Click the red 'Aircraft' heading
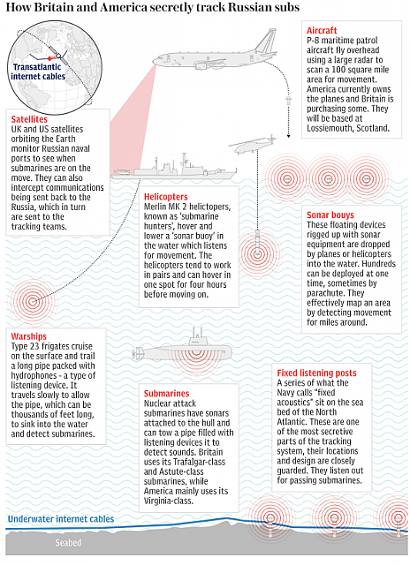[322, 31]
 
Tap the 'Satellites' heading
[29, 119]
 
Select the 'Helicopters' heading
[166, 197]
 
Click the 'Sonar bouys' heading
[330, 215]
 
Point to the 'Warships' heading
[29, 336]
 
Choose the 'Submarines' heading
[167, 394]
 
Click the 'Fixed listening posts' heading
[316, 373]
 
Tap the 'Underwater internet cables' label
[61, 519]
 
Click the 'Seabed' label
[68, 543]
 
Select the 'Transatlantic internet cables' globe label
[38, 72]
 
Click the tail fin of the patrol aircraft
[267, 41]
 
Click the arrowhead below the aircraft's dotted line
[288, 136]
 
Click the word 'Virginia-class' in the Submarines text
[168, 501]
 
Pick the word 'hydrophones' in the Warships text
[32, 375]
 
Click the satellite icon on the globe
[55, 52]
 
